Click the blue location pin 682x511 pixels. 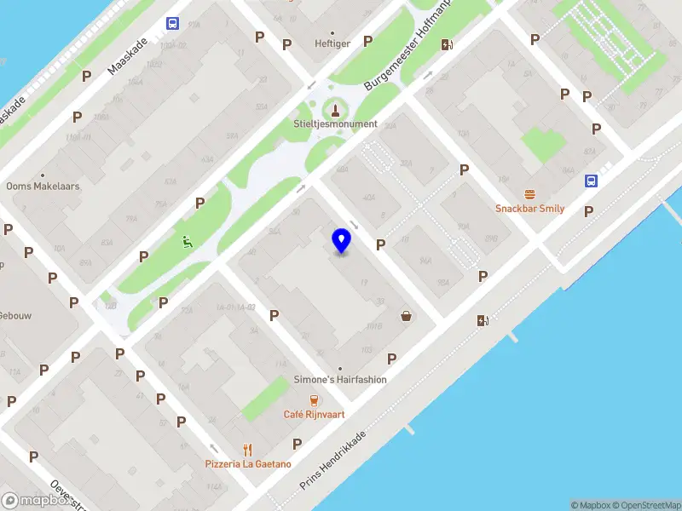pyautogui.click(x=342, y=241)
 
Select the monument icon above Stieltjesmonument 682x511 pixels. pyautogui.click(x=334, y=109)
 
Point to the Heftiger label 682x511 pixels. pyautogui.click(x=332, y=43)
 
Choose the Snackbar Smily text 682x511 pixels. pyautogui.click(x=530, y=209)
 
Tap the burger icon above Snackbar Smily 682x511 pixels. pyautogui.click(x=530, y=195)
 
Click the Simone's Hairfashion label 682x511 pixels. pyautogui.click(x=341, y=380)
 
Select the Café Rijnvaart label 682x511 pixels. pyautogui.click(x=314, y=415)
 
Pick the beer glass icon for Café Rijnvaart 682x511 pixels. pyautogui.click(x=314, y=400)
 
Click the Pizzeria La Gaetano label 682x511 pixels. pyautogui.click(x=248, y=464)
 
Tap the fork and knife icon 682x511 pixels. pyautogui.click(x=248, y=450)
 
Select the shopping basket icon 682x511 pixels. pyautogui.click(x=407, y=316)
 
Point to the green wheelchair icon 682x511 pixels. pyautogui.click(x=187, y=241)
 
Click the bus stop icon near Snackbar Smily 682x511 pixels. pyautogui.click(x=591, y=181)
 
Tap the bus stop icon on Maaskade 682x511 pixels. pyautogui.click(x=173, y=24)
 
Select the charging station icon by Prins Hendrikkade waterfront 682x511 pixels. pyautogui.click(x=483, y=320)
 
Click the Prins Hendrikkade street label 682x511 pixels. pyautogui.click(x=333, y=460)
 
